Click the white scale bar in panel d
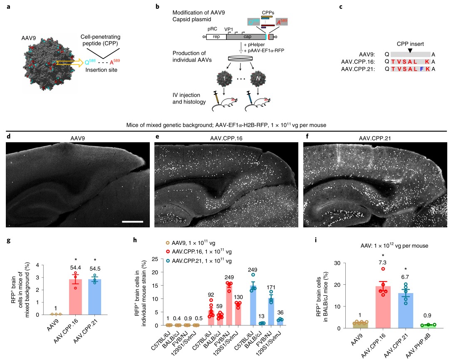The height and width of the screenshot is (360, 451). [x=132, y=222]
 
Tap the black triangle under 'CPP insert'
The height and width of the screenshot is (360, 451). [x=411, y=50]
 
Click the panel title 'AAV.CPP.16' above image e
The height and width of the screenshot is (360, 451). [x=225, y=137]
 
